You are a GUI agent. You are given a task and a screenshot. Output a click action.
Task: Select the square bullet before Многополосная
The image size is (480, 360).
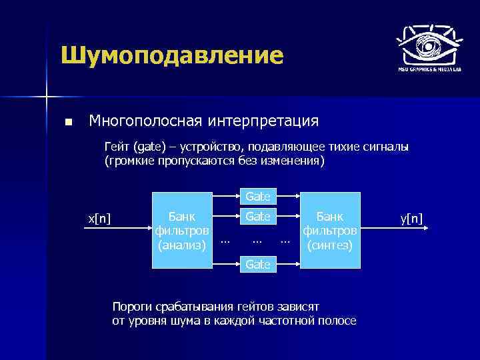point(68,123)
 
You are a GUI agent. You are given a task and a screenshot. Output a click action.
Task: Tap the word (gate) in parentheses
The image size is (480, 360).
point(147,147)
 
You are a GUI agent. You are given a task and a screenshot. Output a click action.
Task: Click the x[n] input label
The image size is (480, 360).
point(100,218)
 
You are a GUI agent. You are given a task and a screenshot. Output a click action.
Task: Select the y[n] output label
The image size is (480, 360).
point(412,218)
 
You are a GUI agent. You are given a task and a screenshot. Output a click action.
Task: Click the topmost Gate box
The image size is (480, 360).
point(258,197)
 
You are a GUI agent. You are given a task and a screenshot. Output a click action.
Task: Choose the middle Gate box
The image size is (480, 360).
point(258,217)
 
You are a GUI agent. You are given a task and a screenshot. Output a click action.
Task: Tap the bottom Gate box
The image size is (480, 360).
point(258,265)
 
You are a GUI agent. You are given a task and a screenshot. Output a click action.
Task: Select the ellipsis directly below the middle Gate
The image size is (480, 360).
point(258,239)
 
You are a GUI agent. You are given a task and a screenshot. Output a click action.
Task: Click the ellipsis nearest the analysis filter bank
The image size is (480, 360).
point(225,239)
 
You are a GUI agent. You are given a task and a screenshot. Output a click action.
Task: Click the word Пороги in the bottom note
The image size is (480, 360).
point(132,307)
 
